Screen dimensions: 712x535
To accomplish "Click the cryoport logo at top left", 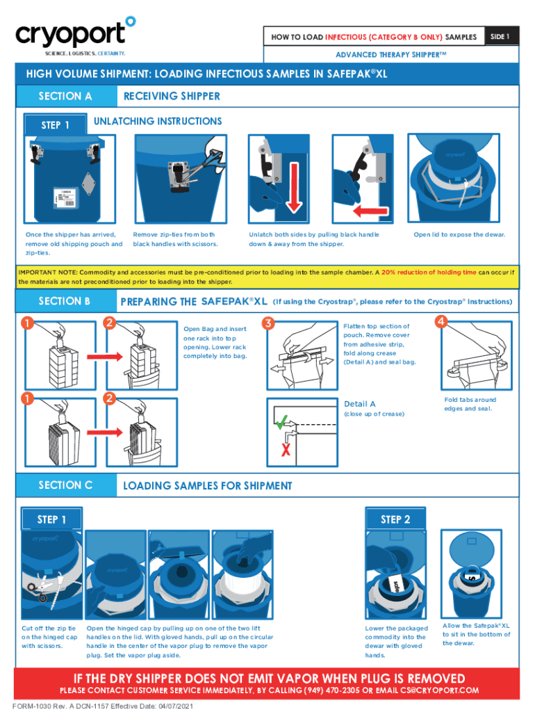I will point(74,35).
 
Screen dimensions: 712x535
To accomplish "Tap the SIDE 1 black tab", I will point(500,36).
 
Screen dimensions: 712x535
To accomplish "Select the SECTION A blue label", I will point(65,96).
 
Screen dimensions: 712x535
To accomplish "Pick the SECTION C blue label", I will point(65,485).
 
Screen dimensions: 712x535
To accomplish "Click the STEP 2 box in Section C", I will point(395,519).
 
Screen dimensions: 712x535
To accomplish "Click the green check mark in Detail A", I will point(281,421).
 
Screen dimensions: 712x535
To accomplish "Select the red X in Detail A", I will point(285,451).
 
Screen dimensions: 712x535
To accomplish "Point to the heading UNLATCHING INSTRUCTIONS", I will point(158,121).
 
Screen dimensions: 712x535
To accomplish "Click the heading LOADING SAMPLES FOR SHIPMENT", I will point(207,486).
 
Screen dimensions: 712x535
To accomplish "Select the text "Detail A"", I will point(360,404).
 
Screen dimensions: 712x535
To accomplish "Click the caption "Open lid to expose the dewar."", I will point(459,234).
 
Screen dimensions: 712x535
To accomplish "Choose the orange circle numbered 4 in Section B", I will point(441,321).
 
